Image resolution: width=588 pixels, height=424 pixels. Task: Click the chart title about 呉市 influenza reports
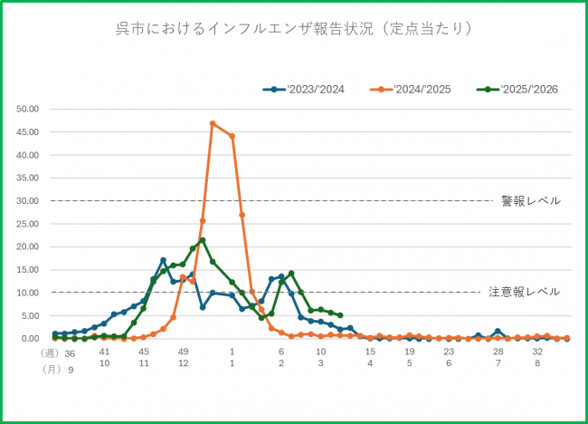tap(294, 29)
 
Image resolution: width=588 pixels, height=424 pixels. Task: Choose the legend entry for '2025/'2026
tap(526, 89)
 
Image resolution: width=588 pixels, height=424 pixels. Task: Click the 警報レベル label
tap(530, 201)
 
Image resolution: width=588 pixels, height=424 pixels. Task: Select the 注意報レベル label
tap(524, 293)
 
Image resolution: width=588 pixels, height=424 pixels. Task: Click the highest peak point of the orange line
tap(213, 123)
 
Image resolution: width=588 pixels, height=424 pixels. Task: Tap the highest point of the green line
tap(203, 240)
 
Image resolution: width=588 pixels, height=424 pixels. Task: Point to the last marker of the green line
tap(340, 315)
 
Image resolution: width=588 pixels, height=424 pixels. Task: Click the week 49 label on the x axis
tap(183, 352)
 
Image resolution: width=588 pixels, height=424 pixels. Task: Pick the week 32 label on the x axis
tap(537, 352)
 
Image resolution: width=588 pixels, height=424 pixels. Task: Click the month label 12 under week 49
tap(183, 362)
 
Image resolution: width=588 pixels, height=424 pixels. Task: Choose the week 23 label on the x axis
tap(449, 352)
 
